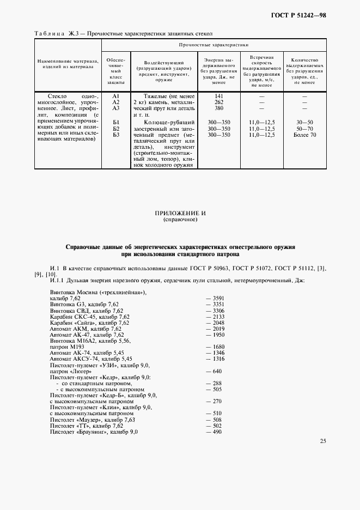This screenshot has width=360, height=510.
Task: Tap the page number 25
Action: [323, 441]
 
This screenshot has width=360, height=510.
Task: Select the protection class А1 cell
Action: [115, 96]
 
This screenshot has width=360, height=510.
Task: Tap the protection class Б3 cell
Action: [115, 134]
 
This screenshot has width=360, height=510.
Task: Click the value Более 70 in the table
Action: [304, 134]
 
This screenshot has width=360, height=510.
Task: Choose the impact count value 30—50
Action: [304, 122]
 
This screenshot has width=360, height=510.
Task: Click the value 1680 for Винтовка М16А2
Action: [216, 347]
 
